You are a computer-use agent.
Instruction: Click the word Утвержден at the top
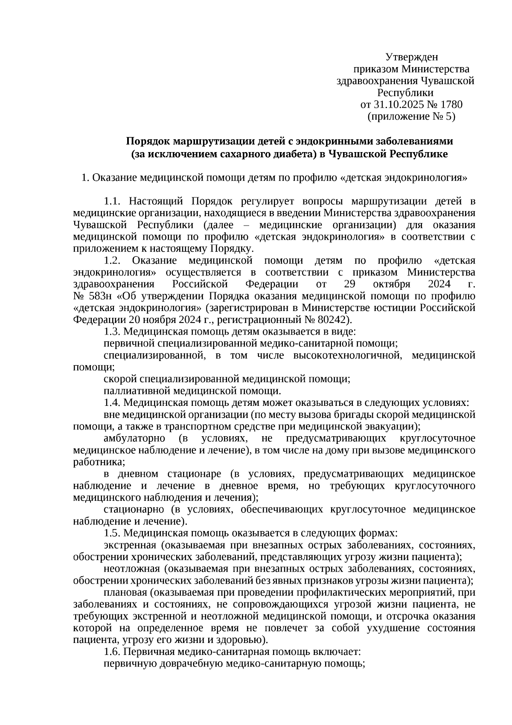[x=411, y=57]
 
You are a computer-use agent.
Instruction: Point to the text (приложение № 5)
[x=411, y=117]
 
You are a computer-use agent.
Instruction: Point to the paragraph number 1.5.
[x=113, y=533]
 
